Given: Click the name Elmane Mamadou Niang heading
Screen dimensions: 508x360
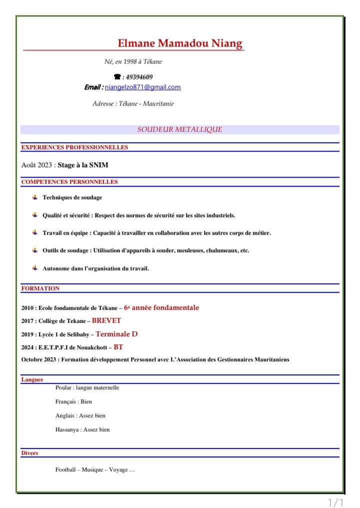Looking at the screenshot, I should click(180, 44).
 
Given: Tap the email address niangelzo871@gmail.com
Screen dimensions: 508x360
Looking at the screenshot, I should click(143, 87).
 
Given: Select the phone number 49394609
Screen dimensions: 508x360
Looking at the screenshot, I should click(139, 77).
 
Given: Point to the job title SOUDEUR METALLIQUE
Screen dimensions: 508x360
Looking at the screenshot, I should click(180, 130).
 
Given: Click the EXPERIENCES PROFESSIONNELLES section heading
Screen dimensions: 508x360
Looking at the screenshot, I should click(74, 148).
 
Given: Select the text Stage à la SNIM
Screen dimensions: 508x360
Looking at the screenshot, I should click(83, 165).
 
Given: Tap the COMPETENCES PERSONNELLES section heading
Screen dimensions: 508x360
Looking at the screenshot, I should click(69, 182).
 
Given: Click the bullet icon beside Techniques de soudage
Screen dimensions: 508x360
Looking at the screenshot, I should click(35, 197).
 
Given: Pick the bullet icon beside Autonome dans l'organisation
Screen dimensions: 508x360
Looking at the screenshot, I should click(35, 268).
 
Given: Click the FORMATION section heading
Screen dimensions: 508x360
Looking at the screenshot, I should click(40, 289).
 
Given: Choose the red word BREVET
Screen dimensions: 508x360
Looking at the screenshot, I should click(106, 321).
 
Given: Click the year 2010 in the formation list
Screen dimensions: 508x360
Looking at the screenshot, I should click(28, 308).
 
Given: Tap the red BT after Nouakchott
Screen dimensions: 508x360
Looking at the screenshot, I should click(118, 346).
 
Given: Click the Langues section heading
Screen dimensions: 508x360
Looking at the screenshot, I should click(32, 380).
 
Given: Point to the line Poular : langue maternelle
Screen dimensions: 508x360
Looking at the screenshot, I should click(87, 388).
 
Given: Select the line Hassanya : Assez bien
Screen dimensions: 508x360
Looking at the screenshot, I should click(82, 429).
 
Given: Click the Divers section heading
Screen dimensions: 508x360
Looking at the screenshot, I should click(29, 453).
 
